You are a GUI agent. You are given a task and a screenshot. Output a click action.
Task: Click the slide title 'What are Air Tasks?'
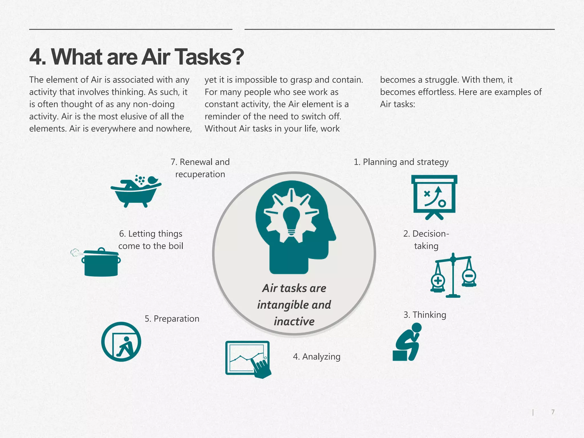(137, 57)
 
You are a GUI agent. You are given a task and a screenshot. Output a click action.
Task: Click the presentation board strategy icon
(434, 196)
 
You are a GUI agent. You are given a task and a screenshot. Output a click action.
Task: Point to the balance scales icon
(453, 275)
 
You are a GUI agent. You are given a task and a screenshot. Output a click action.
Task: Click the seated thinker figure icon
(407, 342)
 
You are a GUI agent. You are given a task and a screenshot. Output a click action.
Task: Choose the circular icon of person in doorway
(121, 342)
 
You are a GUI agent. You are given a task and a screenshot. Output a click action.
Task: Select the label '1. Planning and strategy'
(401, 162)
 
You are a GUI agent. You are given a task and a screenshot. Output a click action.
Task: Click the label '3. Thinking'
(425, 315)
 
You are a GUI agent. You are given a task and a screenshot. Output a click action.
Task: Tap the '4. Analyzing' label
(317, 357)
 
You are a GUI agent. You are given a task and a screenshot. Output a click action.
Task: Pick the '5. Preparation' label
(172, 319)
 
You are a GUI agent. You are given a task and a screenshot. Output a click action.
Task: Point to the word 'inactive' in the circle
(294, 321)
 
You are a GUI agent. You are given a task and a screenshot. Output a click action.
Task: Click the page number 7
(553, 412)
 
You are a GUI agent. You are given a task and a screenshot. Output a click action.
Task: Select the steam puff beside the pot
(75, 252)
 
